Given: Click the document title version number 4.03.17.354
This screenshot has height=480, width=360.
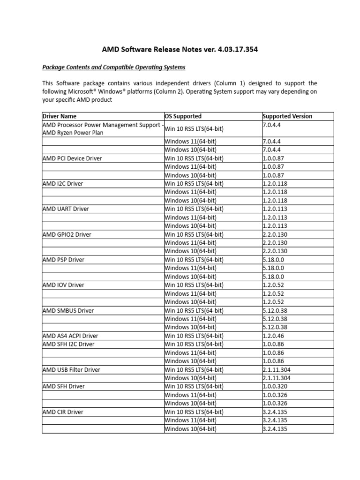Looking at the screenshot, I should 231,49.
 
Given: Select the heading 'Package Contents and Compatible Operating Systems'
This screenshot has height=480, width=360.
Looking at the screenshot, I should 114,67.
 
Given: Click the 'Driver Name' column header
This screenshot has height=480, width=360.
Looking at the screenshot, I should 60,116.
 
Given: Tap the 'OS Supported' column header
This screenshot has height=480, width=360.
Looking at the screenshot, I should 183,116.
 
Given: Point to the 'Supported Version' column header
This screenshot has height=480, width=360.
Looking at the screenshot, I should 287,116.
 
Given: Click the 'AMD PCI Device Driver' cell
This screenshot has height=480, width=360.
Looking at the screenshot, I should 72,158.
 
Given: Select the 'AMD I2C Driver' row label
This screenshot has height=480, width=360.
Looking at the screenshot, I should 62,184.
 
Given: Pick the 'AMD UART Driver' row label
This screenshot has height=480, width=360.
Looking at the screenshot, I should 66,209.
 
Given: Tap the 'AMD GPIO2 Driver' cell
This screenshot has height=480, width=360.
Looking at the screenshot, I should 67,234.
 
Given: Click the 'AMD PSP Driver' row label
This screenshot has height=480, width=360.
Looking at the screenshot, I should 63,260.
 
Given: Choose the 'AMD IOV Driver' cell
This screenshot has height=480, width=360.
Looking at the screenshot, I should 63,285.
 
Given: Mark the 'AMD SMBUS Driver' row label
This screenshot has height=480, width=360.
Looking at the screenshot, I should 68,310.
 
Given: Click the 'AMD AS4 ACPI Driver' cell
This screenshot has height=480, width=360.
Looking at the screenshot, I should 70,336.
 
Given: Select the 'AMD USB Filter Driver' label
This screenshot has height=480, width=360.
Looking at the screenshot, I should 71,369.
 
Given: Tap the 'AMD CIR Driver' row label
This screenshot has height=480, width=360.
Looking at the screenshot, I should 63,412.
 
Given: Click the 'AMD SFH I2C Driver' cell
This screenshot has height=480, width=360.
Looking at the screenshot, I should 68,344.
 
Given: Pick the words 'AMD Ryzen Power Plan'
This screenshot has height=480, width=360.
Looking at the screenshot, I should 73,133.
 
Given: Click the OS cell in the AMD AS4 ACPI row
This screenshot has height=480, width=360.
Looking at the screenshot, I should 194,336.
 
